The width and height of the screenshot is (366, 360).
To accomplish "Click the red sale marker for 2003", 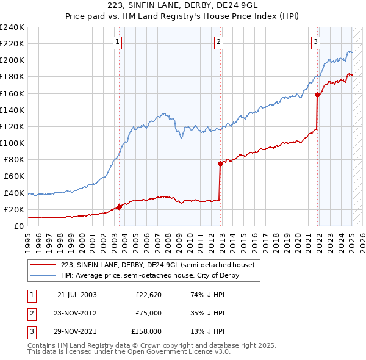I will click(119, 207).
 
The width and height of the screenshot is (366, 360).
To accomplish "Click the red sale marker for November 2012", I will click(220, 164).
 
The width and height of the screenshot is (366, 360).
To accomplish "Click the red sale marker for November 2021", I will click(317, 95).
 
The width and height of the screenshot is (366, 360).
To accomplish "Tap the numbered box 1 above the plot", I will click(117, 42).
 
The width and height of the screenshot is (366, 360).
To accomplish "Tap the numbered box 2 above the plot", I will click(218, 42).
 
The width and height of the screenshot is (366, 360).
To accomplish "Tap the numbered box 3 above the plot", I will click(315, 42).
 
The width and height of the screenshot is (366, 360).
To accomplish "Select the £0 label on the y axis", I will click(18, 226).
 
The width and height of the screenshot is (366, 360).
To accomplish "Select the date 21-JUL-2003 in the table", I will click(77, 295).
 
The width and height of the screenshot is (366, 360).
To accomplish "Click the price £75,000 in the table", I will click(148, 313).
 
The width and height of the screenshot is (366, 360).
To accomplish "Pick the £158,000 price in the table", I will click(146, 331).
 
